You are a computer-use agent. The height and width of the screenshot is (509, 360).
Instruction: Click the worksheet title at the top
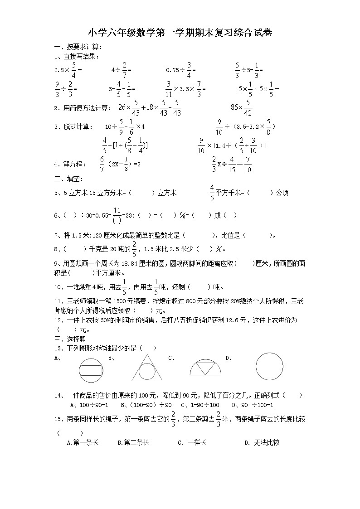pyautogui.click(x=180, y=33)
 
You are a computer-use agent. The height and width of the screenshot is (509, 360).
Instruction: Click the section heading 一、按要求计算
pyautogui.click(x=78, y=47)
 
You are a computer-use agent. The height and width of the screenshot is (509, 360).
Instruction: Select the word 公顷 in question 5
pyautogui.click(x=282, y=193)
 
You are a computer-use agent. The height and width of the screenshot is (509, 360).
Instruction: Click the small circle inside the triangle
pyautogui.click(x=147, y=372)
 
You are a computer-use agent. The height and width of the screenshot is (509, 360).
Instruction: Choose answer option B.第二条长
pyautogui.click(x=133, y=442)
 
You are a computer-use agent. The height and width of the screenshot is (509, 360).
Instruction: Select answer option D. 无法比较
pyautogui.click(x=262, y=442)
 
